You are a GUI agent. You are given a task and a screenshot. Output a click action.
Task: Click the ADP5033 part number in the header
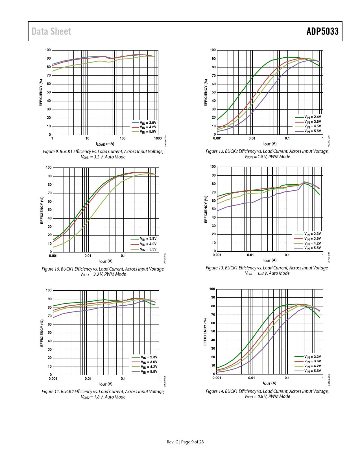tap(322, 31)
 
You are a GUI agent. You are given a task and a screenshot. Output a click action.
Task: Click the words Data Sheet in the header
tap(51, 31)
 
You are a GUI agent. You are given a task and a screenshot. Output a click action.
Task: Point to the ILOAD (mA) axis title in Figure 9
tap(105, 144)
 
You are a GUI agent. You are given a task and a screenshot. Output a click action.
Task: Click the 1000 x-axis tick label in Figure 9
tap(158, 138)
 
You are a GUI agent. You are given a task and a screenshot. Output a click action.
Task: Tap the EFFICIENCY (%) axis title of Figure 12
tap(206, 93)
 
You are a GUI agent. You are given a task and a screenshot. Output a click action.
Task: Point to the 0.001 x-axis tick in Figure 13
tap(217, 255)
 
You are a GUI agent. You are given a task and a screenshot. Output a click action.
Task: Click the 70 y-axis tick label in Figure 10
tap(50, 193)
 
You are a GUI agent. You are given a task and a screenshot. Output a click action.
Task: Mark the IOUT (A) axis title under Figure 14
tap(270, 383)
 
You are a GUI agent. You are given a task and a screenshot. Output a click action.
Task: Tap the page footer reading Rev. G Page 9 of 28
tap(185, 442)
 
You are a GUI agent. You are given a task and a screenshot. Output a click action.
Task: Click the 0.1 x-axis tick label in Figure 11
tap(123, 379)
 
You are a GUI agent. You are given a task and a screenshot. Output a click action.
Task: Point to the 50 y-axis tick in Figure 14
tap(213, 332)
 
